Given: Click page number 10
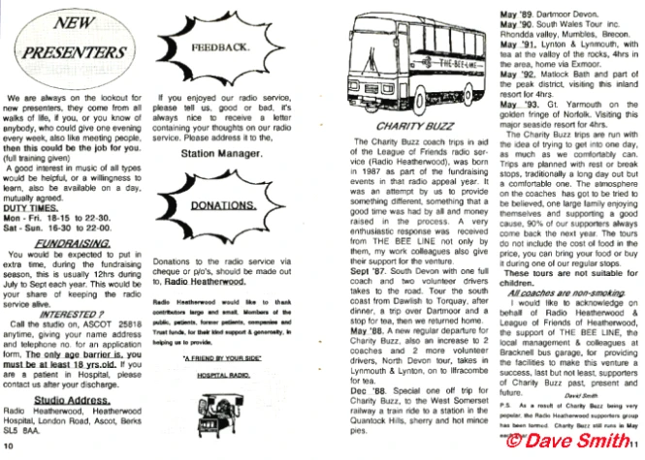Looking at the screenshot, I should click(9, 446).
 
